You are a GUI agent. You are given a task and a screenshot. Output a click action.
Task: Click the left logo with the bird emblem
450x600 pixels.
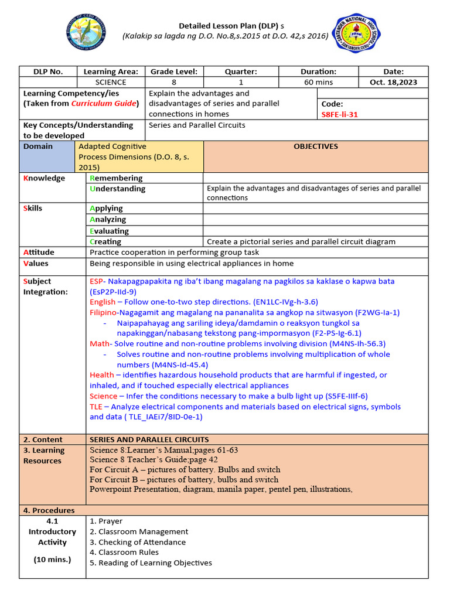(x=88, y=35)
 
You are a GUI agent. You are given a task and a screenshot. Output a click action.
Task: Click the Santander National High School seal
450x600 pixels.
(x=355, y=35)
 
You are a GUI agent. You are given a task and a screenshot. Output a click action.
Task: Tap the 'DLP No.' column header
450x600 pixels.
(x=48, y=71)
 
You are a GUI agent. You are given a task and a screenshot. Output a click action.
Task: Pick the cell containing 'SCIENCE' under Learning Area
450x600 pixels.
(x=111, y=82)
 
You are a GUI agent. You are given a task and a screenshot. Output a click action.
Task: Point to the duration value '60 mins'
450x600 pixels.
(x=318, y=82)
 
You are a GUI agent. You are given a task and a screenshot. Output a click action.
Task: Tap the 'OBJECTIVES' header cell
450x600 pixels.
(x=315, y=146)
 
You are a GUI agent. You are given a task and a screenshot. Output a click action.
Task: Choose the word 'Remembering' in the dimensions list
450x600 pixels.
(x=116, y=178)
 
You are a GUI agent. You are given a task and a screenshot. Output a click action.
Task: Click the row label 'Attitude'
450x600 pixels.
(x=39, y=253)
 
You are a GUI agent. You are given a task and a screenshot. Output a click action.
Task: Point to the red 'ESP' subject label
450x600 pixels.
(x=97, y=281)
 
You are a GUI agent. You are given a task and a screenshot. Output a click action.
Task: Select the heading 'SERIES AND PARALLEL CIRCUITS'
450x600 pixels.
(x=149, y=439)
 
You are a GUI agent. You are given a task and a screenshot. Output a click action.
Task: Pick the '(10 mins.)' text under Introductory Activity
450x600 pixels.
(x=52, y=559)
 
